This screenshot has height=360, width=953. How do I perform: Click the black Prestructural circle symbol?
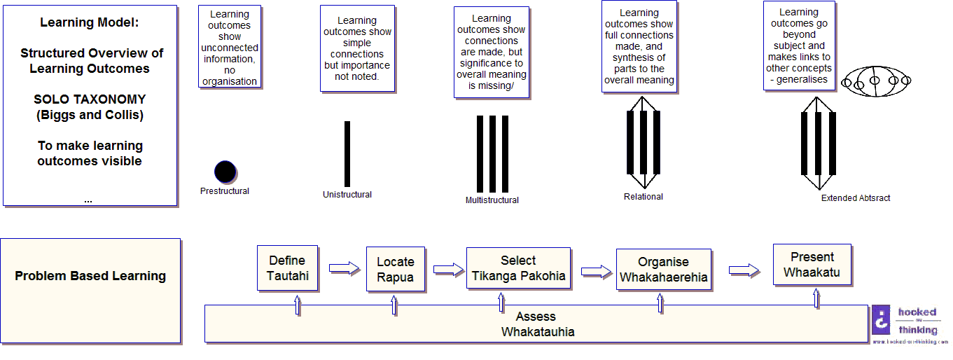tap(225, 172)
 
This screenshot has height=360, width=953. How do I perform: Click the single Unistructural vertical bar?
tap(347, 154)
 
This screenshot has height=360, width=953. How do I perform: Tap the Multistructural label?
tap(492, 200)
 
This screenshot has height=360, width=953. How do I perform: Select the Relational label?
tap(643, 197)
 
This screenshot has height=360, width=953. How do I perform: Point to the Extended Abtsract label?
tap(856, 198)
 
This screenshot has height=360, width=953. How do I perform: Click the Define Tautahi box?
tap(288, 268)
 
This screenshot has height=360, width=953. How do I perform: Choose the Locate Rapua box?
tap(396, 269)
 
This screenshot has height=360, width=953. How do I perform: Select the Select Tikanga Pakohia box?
tap(518, 268)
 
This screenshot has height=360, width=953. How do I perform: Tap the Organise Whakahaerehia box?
tap(663, 269)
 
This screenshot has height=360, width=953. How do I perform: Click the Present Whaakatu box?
tap(812, 264)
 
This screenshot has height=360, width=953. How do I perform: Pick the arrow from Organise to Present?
tap(744, 270)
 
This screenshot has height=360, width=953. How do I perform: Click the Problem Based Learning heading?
tap(90, 276)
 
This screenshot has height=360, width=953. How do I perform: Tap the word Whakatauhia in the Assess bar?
tap(538, 331)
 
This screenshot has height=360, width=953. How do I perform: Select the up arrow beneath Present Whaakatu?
tap(816, 298)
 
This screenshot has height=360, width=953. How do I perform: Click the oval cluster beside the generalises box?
tap(875, 81)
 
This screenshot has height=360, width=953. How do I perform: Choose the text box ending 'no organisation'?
tap(230, 48)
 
